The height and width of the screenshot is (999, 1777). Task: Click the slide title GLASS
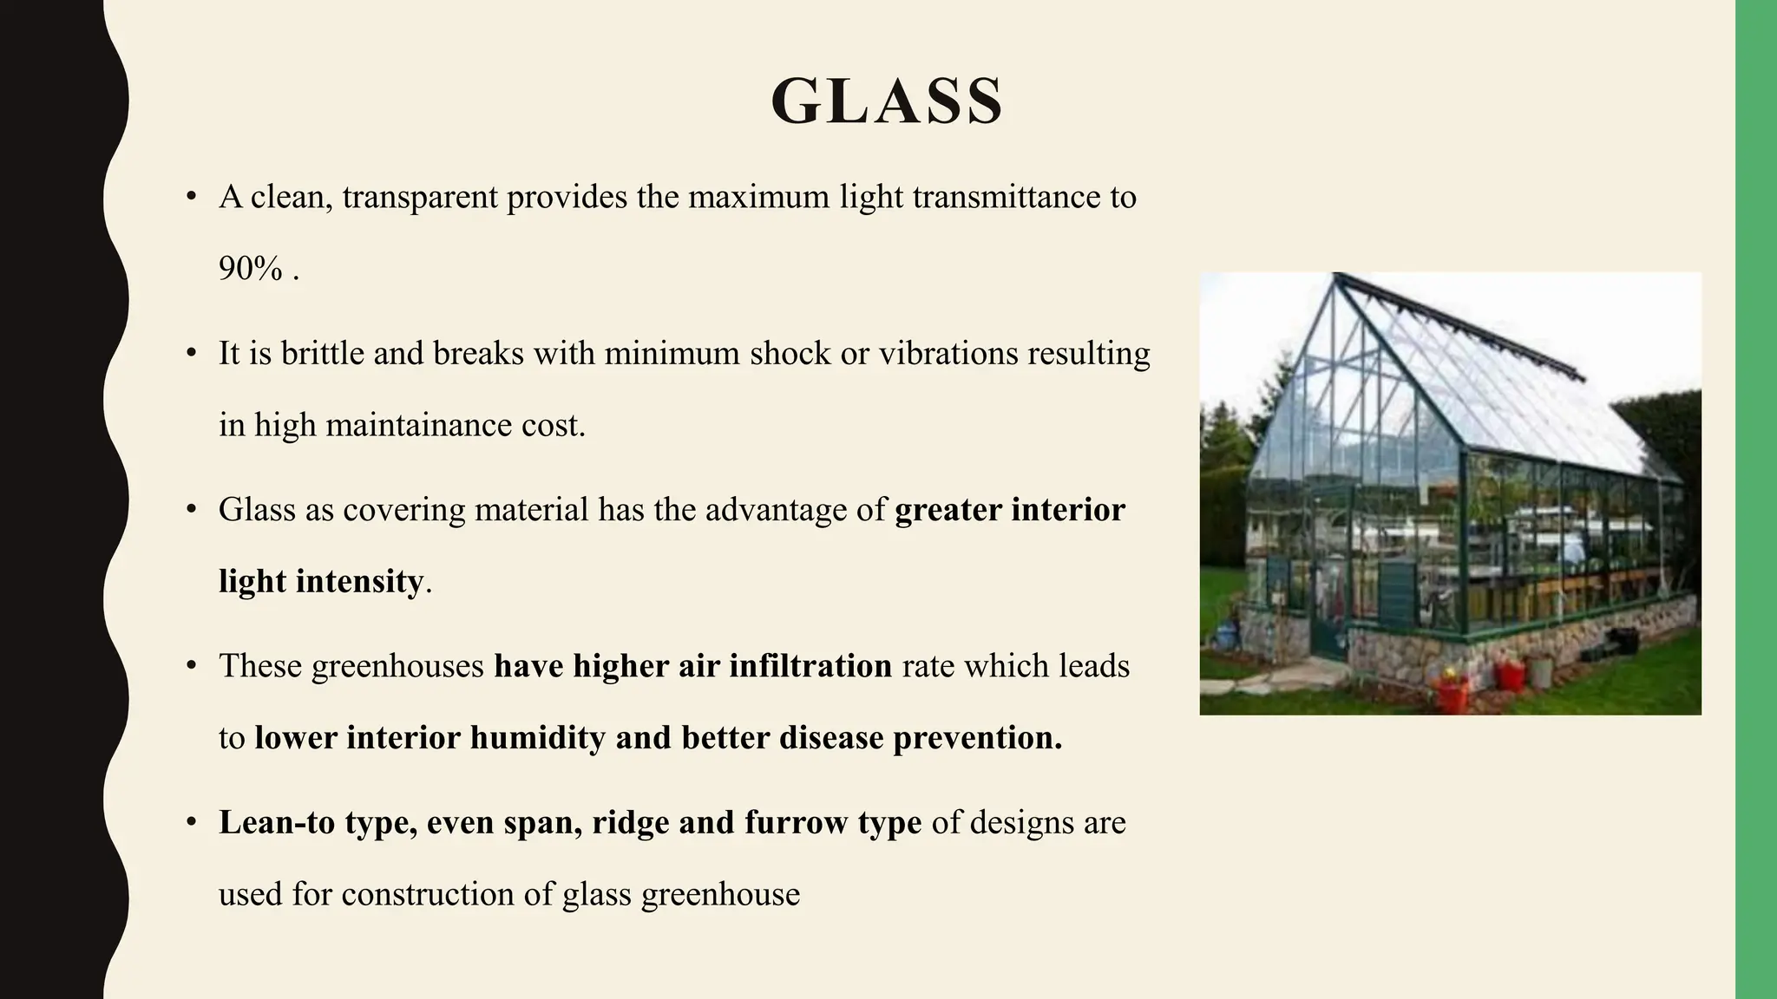click(x=887, y=101)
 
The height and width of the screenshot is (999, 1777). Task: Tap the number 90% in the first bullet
click(x=250, y=269)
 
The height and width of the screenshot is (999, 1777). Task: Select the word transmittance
click(x=1007, y=198)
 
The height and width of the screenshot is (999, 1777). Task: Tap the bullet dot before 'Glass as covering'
click(x=192, y=510)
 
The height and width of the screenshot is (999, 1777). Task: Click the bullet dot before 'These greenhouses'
click(x=192, y=666)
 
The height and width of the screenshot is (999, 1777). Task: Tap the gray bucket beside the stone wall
click(x=1540, y=672)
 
